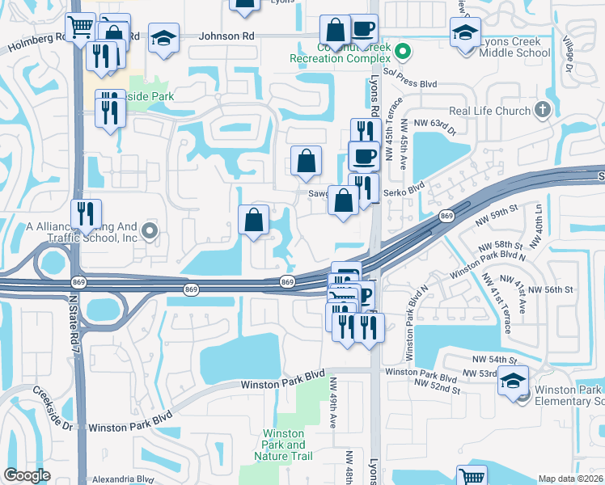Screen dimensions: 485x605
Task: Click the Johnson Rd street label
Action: (x=226, y=36)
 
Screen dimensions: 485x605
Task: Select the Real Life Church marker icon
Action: (x=542, y=110)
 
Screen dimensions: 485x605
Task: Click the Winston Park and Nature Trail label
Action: (x=284, y=445)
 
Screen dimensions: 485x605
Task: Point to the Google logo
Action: (x=27, y=475)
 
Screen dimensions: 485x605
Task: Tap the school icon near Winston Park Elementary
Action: (x=514, y=382)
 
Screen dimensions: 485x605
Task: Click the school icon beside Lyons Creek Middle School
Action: (x=465, y=35)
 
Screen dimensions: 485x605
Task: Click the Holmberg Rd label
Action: (x=35, y=42)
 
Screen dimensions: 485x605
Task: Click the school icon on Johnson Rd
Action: (x=164, y=39)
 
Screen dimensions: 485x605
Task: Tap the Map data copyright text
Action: (x=571, y=479)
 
